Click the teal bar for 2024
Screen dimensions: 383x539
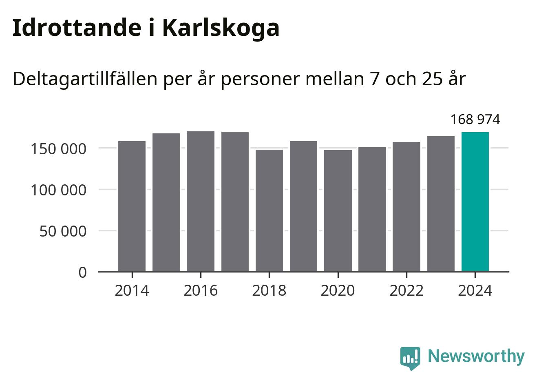(x=475, y=201)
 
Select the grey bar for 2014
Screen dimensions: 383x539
(x=132, y=206)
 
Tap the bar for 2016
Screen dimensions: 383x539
(x=201, y=201)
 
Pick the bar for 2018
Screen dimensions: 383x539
(x=269, y=210)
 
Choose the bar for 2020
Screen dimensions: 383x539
(x=338, y=210)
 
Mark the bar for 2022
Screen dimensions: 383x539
(x=406, y=206)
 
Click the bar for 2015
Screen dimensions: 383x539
(x=166, y=202)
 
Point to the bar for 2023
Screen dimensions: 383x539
(x=441, y=204)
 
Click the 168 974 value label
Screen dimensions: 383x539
(x=475, y=120)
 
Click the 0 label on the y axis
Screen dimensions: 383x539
(x=83, y=272)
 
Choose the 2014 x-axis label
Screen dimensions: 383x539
(x=132, y=291)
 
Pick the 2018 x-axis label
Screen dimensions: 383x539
(x=269, y=291)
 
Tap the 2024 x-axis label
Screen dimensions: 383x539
(x=475, y=291)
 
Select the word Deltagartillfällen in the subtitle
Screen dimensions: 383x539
(x=85, y=79)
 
